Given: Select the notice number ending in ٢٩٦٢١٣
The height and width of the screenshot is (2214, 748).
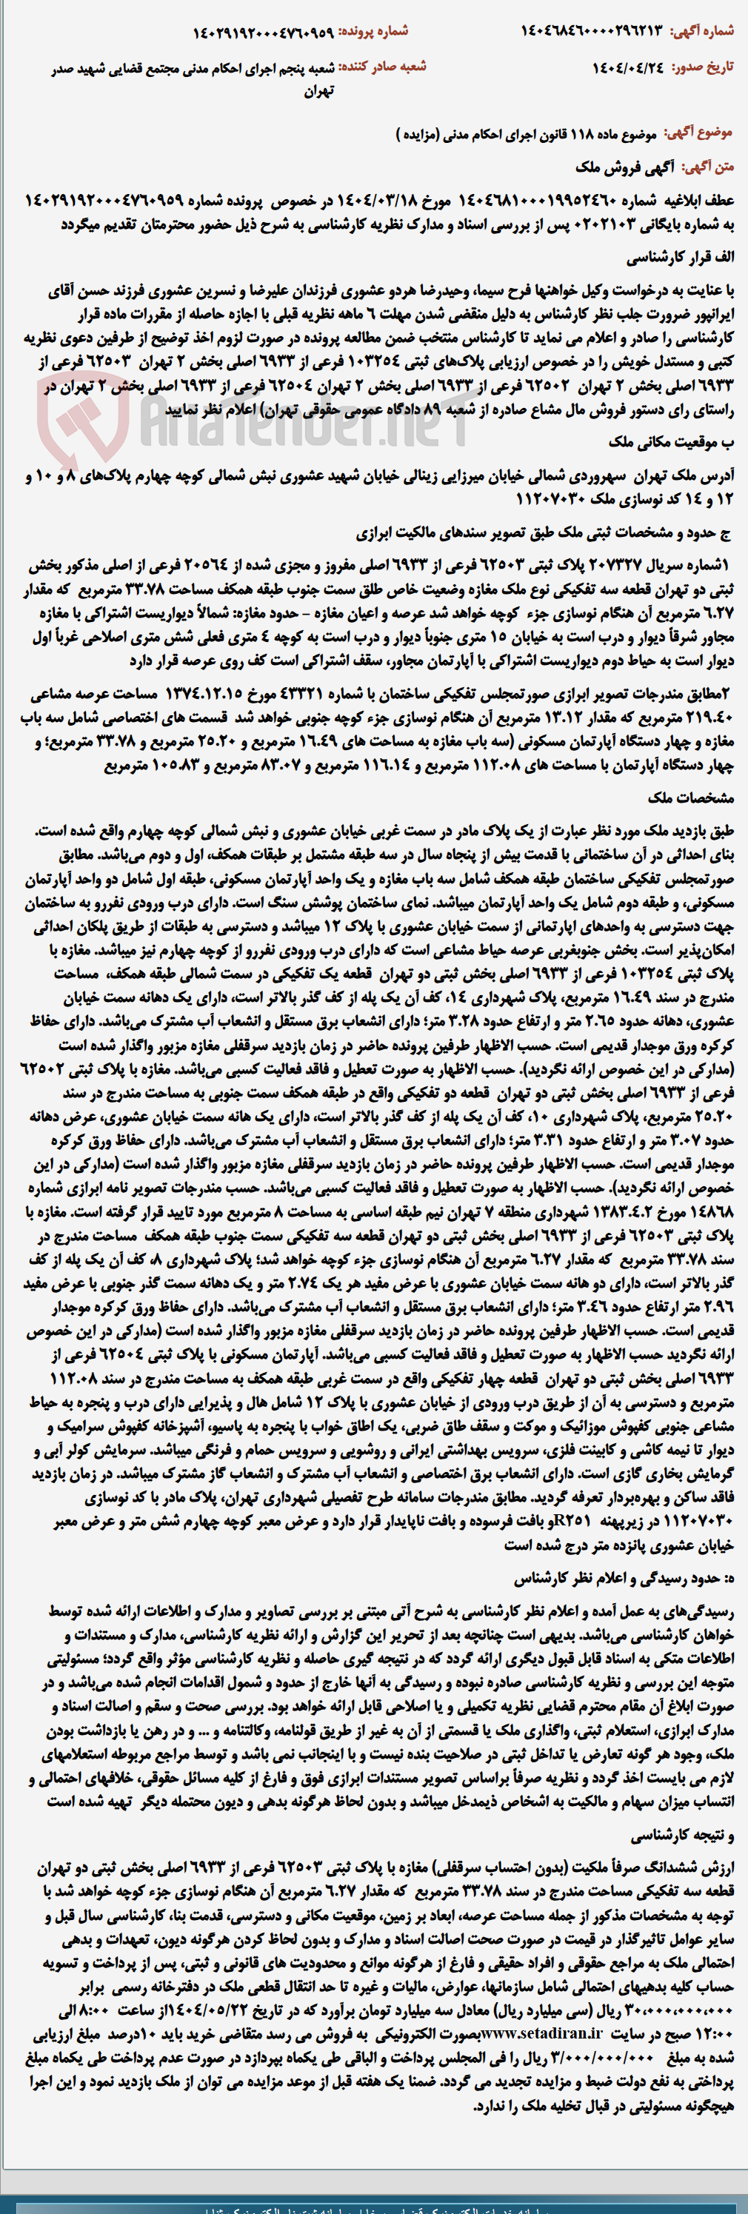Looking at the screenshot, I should (592, 31).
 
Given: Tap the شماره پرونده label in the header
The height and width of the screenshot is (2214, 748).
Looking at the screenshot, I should (373, 31).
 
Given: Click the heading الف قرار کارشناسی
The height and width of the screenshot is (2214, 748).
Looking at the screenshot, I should (680, 258).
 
